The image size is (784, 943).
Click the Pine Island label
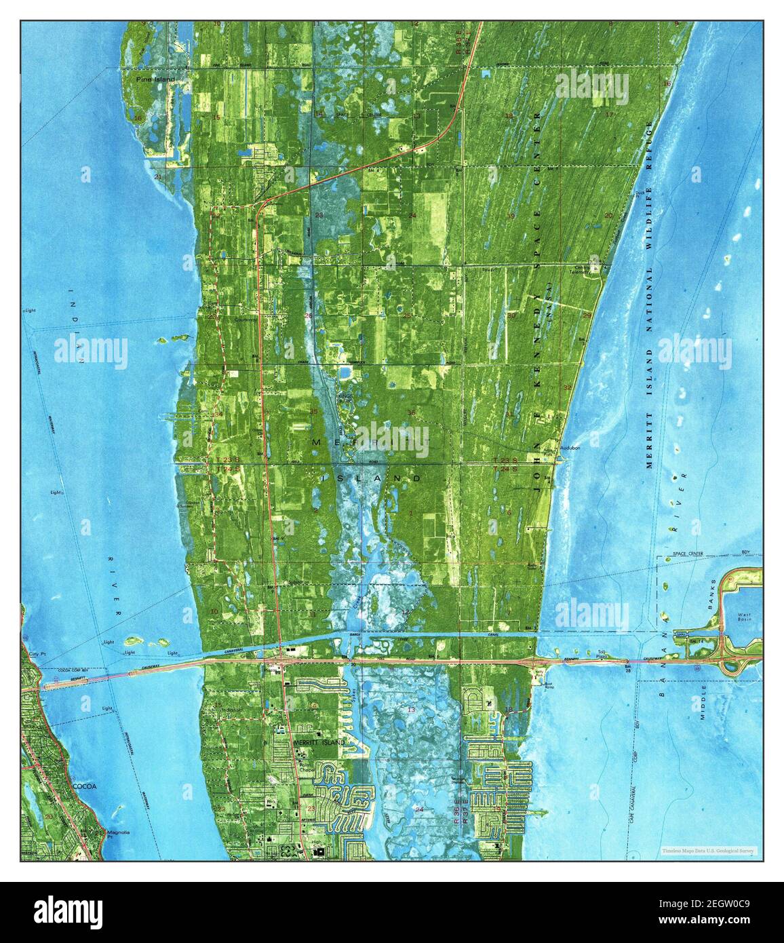pos(155,79)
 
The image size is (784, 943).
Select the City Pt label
pos(38,654)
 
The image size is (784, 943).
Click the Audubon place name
pos(570,449)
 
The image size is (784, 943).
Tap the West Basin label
pos(744,617)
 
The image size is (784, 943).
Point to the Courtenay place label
pos(246,318)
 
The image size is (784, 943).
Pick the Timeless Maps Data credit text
pos(709,850)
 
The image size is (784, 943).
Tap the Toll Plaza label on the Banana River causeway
pos(600,653)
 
